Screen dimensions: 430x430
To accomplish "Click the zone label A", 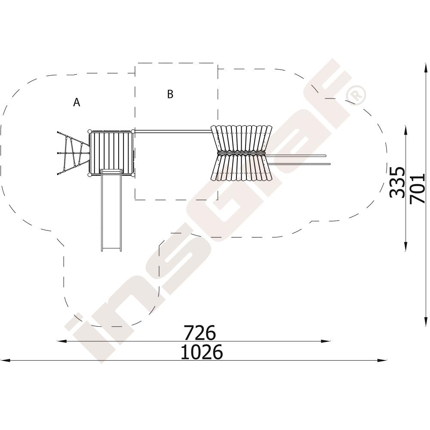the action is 77,102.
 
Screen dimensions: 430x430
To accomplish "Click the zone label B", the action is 170,94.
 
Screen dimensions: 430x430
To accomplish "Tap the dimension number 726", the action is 200,332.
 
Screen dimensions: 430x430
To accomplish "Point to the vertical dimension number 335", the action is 397,182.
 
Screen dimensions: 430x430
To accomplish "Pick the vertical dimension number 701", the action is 417,188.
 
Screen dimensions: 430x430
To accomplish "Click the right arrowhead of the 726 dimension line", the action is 326,341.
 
